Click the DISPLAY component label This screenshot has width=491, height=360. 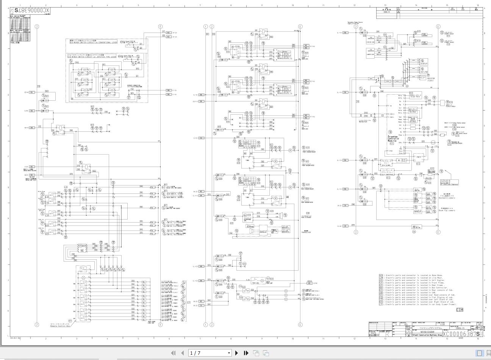[424, 64]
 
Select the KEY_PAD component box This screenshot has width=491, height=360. [424, 72]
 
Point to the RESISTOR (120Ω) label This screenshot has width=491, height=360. [431, 79]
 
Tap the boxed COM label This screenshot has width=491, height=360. [459, 310]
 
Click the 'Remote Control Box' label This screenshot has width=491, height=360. [60, 325]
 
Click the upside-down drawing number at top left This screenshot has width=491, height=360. [30, 11]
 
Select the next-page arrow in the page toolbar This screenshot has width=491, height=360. [237, 353]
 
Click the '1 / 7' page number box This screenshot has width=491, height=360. [210, 353]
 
